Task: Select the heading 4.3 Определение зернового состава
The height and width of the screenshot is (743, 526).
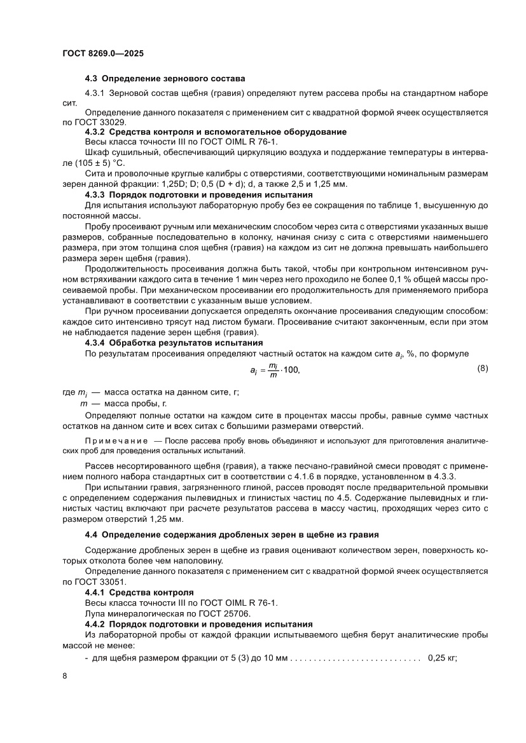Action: tap(165, 79)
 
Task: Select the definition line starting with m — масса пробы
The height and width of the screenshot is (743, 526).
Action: tap(122, 404)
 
